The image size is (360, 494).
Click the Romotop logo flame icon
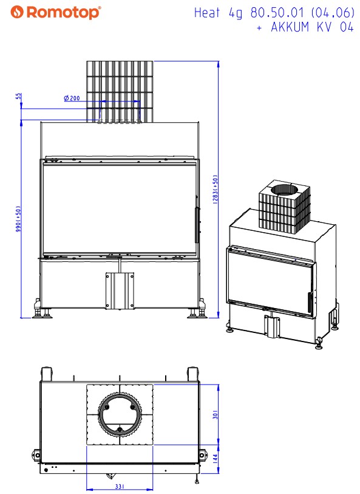tap(16, 12)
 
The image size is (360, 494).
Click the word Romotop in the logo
tap(63, 13)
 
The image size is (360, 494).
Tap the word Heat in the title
tap(207, 13)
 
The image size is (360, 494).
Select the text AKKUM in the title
tap(290, 27)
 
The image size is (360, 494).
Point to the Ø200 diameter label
tap(72, 98)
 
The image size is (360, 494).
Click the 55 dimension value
tap(19, 96)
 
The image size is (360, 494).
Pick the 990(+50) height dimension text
tap(18, 219)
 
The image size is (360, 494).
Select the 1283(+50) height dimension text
tap(216, 190)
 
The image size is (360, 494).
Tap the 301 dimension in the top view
tap(216, 414)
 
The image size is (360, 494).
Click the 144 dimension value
tap(216, 458)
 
